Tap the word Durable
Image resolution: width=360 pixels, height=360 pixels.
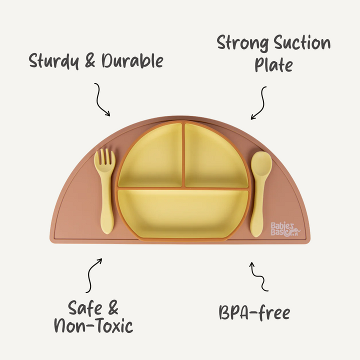132,61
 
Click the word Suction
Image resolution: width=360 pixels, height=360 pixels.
302,44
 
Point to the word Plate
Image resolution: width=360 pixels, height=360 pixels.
273,65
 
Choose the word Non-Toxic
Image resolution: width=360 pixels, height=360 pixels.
93,326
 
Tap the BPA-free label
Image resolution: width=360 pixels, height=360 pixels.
254,313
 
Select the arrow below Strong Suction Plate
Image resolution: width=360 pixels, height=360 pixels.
259,103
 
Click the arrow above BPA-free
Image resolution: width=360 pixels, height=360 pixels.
258,276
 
